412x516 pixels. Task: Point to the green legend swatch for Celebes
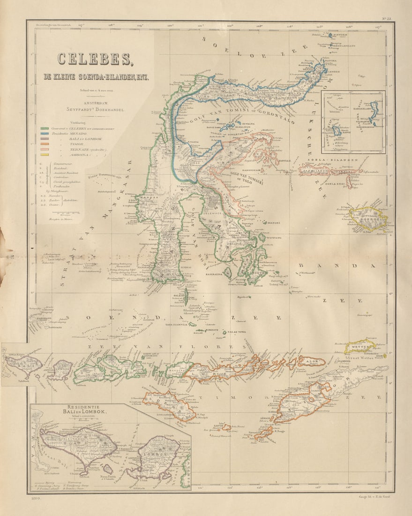coord(45,128)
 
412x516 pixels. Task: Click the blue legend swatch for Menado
coord(45,133)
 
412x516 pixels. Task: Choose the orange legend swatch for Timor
coord(45,144)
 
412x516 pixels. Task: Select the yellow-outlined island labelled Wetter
coord(360,347)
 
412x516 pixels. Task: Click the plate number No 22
coord(386,19)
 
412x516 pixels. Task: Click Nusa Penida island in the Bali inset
coord(108,469)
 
